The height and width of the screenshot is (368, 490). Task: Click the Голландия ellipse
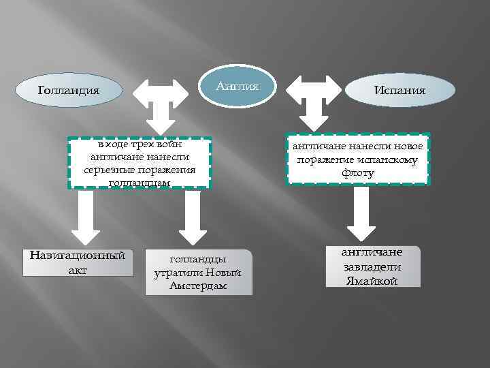(x=69, y=89)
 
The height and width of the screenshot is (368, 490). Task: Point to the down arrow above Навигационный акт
(x=86, y=217)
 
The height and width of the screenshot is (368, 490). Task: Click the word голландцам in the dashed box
(x=140, y=183)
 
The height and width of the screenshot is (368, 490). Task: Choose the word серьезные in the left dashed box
(x=112, y=170)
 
